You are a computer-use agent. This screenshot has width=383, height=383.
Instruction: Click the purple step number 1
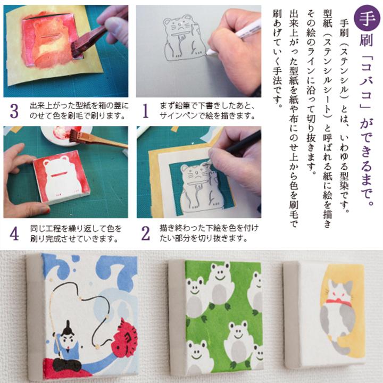pyautogui.click(x=145, y=111)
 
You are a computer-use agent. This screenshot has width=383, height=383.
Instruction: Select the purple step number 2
pyautogui.click(x=145, y=232)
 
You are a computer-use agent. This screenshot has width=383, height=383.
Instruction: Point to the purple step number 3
pyautogui.click(x=14, y=111)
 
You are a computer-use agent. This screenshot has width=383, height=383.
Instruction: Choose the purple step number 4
pyautogui.click(x=14, y=232)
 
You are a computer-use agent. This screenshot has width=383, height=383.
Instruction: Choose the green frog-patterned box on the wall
pyautogui.click(x=218, y=314)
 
